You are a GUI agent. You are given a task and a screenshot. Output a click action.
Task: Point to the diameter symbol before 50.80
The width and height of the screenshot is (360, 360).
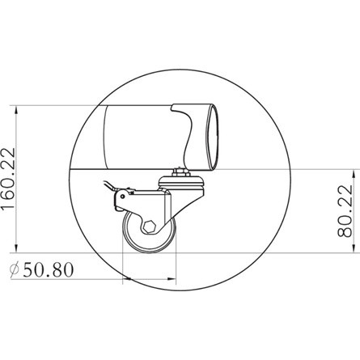14,270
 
